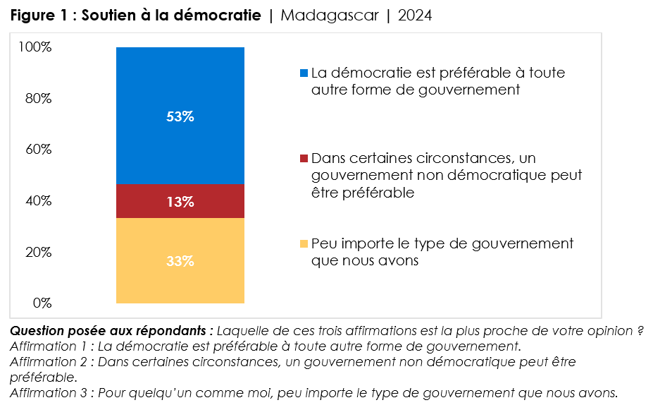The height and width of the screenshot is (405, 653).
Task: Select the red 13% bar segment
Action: [x=180, y=202]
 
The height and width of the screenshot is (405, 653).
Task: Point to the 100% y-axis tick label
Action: [x=35, y=47]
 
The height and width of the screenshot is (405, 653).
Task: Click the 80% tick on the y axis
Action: [x=38, y=99]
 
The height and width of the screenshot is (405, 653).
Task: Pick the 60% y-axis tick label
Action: [x=38, y=150]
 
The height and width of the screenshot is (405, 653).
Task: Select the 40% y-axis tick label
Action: [x=38, y=201]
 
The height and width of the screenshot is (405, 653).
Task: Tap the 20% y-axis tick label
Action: [x=38, y=252]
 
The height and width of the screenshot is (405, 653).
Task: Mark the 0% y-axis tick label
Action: [x=41, y=303]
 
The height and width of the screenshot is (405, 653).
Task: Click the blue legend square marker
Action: [x=304, y=73]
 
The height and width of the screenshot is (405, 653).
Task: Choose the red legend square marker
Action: [x=304, y=158]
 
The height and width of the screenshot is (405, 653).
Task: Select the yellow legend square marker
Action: [x=304, y=243]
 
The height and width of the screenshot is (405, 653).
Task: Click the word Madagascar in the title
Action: [x=328, y=16]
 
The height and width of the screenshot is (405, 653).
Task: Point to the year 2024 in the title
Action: [x=414, y=16]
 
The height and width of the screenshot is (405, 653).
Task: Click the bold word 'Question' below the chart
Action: [x=39, y=331]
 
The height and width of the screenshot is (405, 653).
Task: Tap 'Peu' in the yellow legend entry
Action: [x=323, y=243]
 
